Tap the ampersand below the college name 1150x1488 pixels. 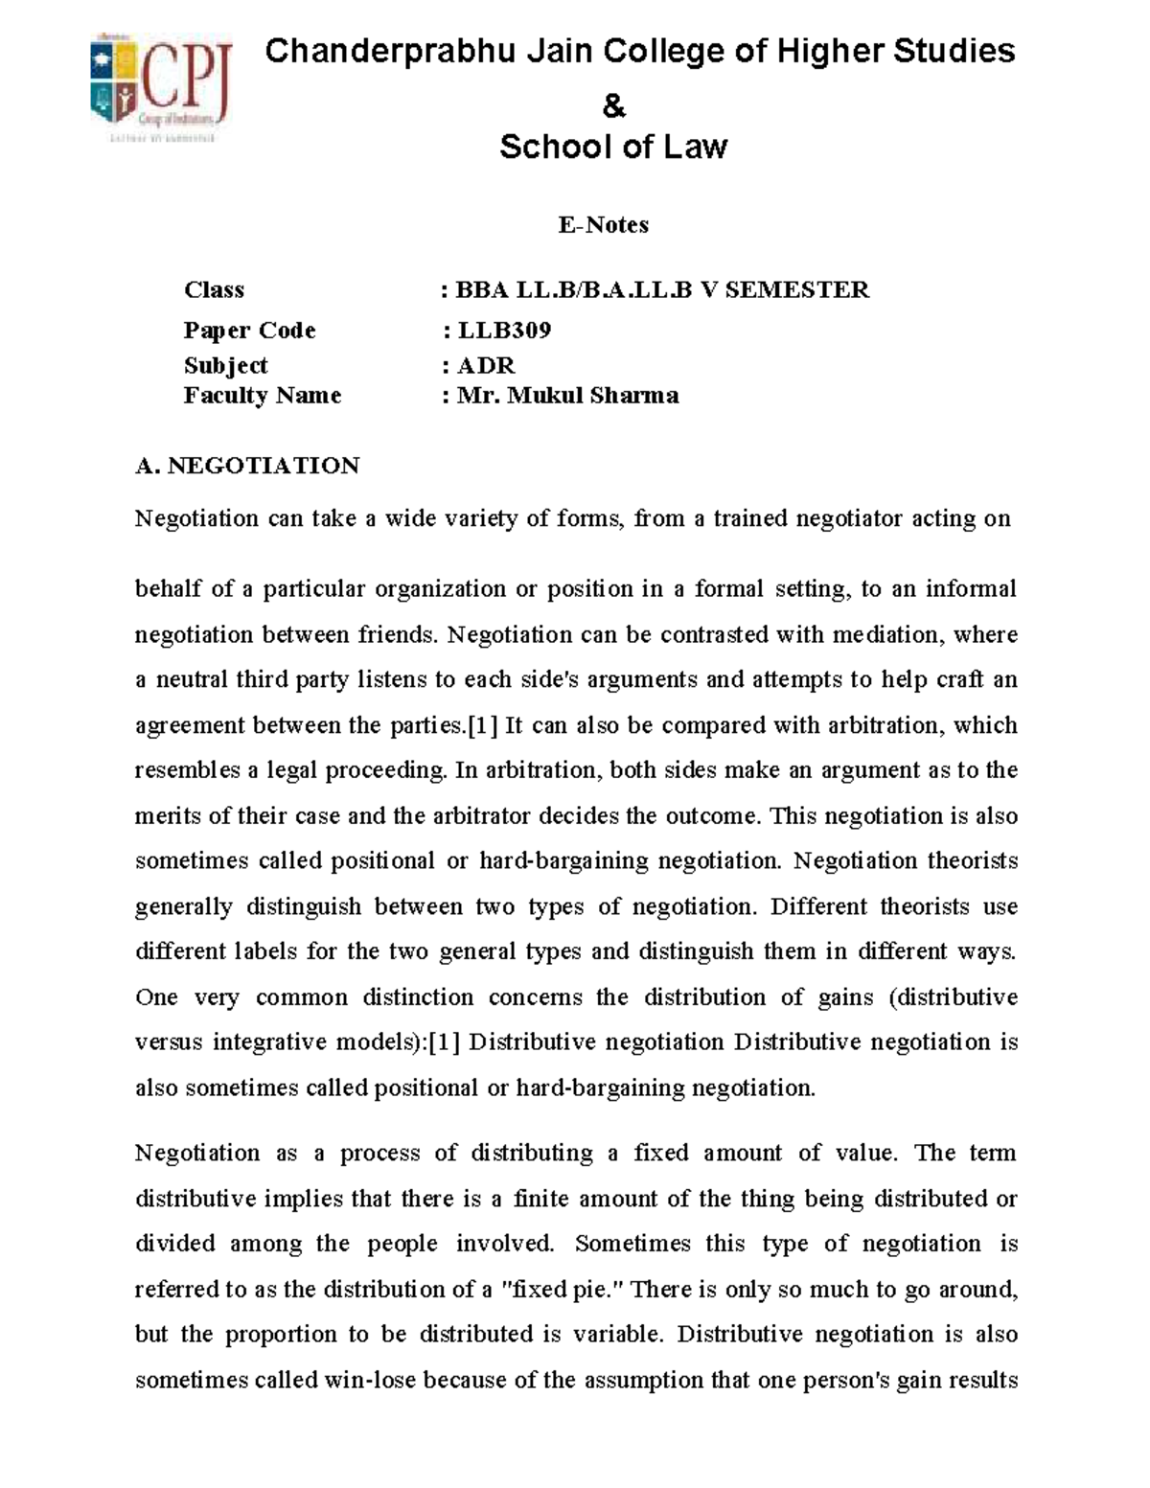pos(613,106)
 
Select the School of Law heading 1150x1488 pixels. pos(613,147)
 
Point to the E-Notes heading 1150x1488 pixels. pos(604,224)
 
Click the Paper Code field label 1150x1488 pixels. pos(249,331)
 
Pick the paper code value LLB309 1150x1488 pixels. pos(504,331)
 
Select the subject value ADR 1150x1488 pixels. pos(486,365)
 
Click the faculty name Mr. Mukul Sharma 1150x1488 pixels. pos(567,395)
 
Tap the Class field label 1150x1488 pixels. pos(214,289)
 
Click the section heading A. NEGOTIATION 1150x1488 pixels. pos(247,466)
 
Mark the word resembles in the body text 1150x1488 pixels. pos(188,770)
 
